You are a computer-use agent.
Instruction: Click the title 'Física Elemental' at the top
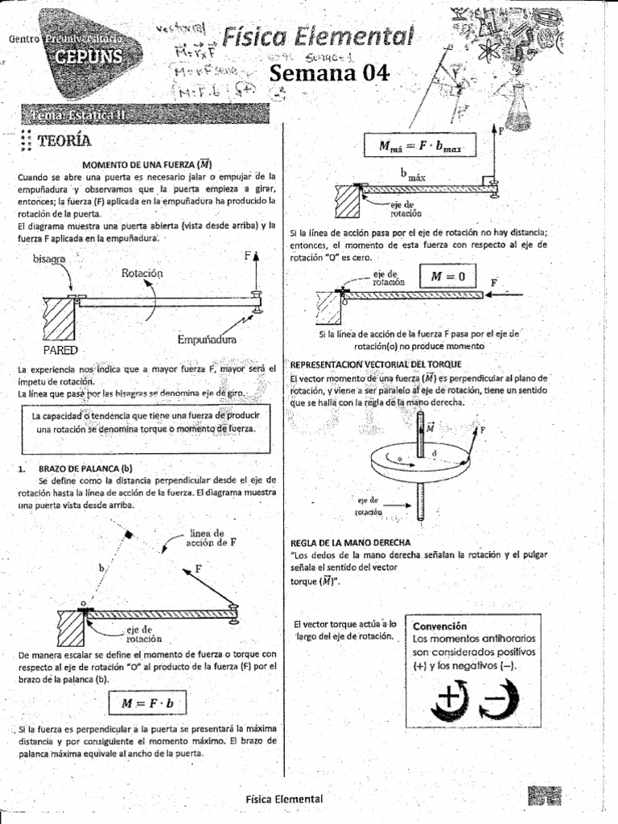click(318, 36)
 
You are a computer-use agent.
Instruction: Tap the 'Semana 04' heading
click(329, 73)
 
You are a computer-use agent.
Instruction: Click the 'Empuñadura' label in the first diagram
click(206, 340)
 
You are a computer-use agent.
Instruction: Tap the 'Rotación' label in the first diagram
click(142, 274)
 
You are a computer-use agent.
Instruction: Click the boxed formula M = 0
click(447, 277)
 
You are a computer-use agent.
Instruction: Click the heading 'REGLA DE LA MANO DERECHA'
click(351, 542)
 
